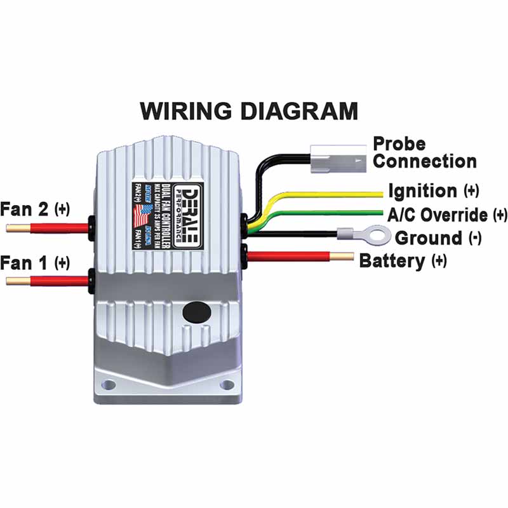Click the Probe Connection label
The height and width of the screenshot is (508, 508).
(424, 152)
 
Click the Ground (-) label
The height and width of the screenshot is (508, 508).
(438, 238)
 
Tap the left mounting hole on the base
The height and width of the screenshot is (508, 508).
(109, 384)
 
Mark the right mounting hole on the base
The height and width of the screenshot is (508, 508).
(226, 385)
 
